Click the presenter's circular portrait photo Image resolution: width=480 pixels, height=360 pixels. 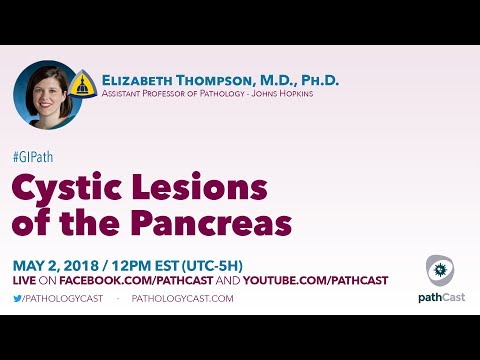click(x=46, y=95)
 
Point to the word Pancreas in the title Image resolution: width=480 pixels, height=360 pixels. click(x=215, y=222)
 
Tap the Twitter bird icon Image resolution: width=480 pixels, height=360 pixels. click(x=17, y=299)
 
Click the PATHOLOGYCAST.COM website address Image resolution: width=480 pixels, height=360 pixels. click(x=182, y=299)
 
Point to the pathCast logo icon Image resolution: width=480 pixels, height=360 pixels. click(x=436, y=269)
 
